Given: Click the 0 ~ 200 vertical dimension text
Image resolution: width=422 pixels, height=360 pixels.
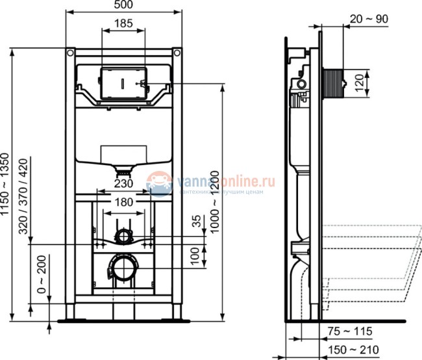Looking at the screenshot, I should tap(43, 274).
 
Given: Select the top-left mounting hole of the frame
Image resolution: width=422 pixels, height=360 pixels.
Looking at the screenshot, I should tap(70, 52).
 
